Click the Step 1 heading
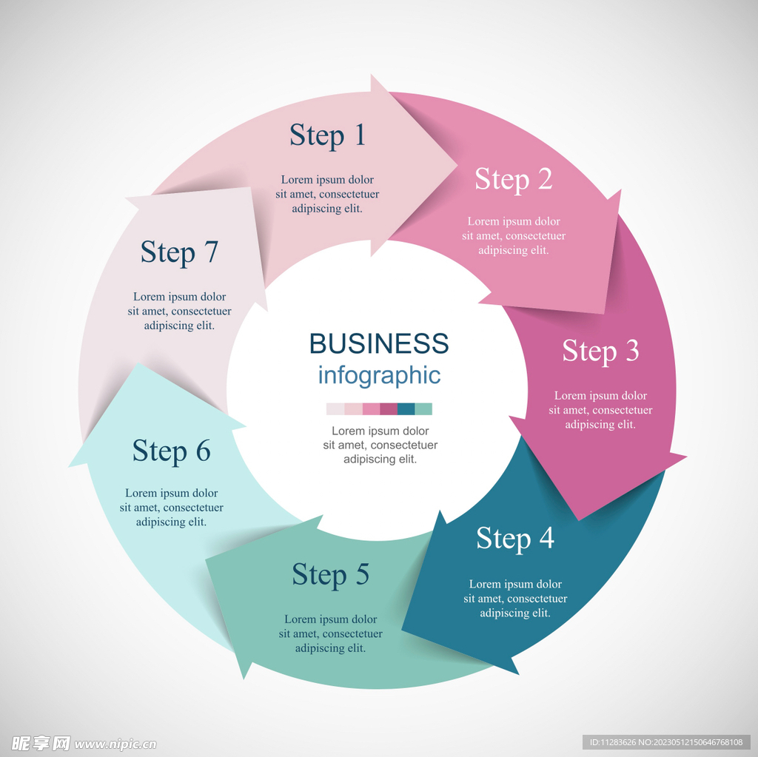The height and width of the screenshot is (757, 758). (x=327, y=135)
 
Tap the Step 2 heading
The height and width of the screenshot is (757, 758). (x=514, y=179)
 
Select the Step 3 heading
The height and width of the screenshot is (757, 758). (x=600, y=351)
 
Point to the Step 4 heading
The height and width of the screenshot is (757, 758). (x=515, y=539)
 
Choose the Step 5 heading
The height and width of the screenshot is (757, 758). (x=331, y=575)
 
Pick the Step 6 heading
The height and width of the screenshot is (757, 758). (x=172, y=451)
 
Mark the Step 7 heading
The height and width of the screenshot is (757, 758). (x=179, y=253)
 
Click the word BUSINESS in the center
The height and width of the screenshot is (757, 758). (x=379, y=343)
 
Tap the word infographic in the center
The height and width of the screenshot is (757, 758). (x=379, y=375)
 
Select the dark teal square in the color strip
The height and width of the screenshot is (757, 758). (x=406, y=409)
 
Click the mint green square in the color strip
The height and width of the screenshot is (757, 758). (x=423, y=409)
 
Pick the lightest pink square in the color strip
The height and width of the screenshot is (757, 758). (x=335, y=409)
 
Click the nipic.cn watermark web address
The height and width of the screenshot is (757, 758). (x=115, y=744)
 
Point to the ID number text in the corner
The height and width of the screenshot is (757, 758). (x=666, y=742)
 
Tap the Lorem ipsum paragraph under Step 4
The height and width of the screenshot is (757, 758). (x=515, y=599)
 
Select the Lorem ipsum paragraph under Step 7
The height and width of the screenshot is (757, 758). (x=179, y=311)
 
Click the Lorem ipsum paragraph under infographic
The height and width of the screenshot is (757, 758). (x=380, y=445)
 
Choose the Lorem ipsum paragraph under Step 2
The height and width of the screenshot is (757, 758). (x=514, y=235)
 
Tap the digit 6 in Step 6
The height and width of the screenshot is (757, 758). (x=203, y=451)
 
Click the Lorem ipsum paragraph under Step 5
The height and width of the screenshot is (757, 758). (x=331, y=633)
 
